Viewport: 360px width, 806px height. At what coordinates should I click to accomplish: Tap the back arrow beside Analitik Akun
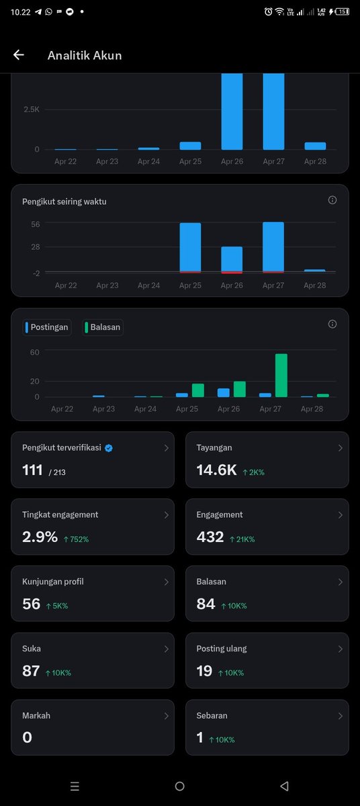point(19,55)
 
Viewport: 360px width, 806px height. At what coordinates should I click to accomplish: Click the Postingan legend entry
point(47,328)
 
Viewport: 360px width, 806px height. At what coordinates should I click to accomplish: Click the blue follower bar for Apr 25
point(190,247)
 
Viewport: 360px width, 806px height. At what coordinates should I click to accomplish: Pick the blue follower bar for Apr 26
point(232,259)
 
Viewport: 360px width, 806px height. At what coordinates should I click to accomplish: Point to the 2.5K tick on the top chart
point(32,109)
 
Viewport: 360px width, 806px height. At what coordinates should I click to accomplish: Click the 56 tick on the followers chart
point(35,224)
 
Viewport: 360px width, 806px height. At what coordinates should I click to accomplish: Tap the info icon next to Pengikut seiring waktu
point(332,200)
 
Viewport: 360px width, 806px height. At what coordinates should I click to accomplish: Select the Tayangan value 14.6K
point(216,471)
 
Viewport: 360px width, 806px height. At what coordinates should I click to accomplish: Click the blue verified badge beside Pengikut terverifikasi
point(109,448)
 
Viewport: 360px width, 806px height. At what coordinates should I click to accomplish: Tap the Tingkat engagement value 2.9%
point(40,537)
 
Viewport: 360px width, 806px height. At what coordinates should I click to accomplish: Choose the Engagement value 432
point(210,537)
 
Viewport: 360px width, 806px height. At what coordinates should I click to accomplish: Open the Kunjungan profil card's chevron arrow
point(166,582)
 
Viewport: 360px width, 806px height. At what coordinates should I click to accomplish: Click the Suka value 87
point(31,671)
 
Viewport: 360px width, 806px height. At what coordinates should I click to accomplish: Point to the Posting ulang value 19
point(204,671)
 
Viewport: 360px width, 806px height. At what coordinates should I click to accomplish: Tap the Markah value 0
point(27,737)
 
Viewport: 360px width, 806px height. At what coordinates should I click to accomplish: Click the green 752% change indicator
point(77,539)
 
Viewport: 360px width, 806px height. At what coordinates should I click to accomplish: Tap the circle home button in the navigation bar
point(179,787)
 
